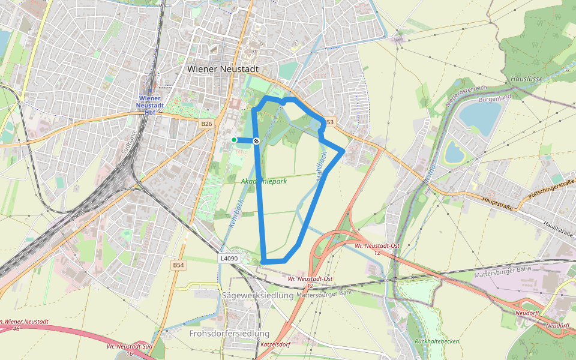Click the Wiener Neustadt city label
pyautogui.click(x=223, y=69)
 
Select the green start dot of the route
pyautogui.click(x=234, y=140)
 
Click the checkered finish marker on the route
pyautogui.click(x=256, y=141)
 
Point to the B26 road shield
pyautogui.click(x=207, y=124)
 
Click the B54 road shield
pyautogui.click(x=178, y=265)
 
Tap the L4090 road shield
pyautogui.click(x=229, y=259)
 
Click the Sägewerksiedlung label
pyautogui.click(x=257, y=295)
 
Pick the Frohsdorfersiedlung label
pyautogui.click(x=229, y=333)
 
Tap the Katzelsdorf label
pyautogui.click(x=275, y=345)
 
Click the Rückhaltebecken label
pyautogui.click(x=436, y=341)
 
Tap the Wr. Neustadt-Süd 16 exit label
pyautogui.click(x=128, y=350)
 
